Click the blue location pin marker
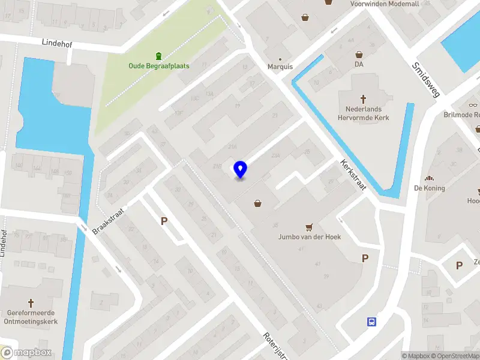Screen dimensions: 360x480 click(x=241, y=170)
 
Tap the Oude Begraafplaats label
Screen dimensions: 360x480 click(x=158, y=65)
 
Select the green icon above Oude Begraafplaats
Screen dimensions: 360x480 click(x=158, y=55)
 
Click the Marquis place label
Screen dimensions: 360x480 click(x=280, y=67)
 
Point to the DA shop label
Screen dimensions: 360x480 click(x=359, y=64)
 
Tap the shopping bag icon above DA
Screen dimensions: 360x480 click(x=359, y=54)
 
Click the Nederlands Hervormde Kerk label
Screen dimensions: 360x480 click(x=363, y=113)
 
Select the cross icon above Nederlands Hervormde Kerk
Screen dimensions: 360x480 click(x=363, y=98)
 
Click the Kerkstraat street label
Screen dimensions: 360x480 click(x=353, y=175)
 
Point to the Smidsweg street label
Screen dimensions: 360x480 click(x=426, y=79)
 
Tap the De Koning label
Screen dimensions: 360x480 click(x=429, y=188)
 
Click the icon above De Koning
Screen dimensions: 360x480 click(x=429, y=178)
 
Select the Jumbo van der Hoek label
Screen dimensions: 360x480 click(x=309, y=237)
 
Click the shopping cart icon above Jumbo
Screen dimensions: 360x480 click(x=309, y=227)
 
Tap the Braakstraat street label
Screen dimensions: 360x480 click(x=107, y=221)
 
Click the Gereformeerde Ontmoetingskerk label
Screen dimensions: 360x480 click(x=31, y=316)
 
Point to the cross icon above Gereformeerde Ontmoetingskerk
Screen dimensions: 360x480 click(x=31, y=304)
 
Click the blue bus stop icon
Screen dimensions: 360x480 click(x=371, y=322)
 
